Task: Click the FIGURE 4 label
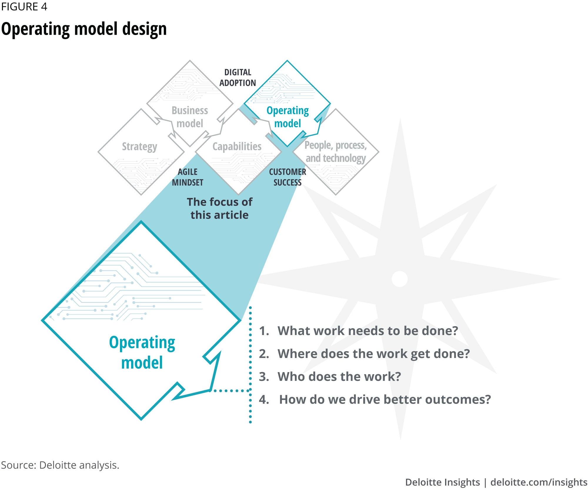pos(24,6)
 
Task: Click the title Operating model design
pos(84,29)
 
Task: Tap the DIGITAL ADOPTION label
pos(238,78)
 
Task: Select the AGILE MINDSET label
pos(188,177)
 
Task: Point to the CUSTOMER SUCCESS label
pos(287,177)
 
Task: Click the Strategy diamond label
pos(139,146)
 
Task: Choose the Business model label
pos(190,117)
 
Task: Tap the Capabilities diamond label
pos(237,146)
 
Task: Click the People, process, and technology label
pos(335,152)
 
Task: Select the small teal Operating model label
pos(288,117)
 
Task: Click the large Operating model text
pos(142,352)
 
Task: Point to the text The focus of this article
pos(220,208)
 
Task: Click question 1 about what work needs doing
pos(358,331)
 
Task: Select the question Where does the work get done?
pos(364,354)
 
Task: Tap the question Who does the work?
pos(330,377)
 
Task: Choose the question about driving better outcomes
pos(375,399)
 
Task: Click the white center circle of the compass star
pos(400,279)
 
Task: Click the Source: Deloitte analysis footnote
pos(60,465)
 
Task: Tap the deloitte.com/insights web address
pos(539,482)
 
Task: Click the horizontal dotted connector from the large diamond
pos(231,391)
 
